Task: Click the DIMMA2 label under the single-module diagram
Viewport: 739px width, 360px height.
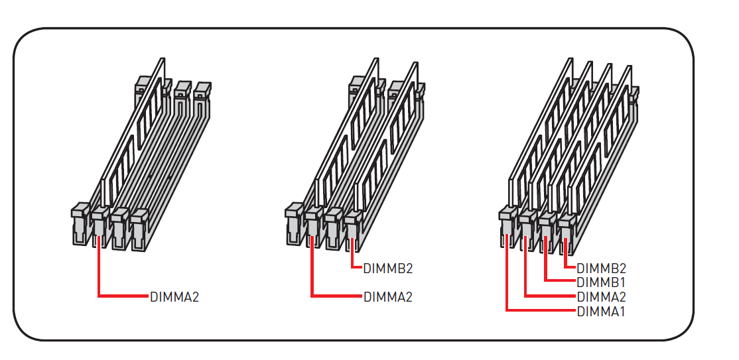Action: [174, 297]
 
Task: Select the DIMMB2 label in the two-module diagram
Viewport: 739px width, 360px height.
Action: [388, 269]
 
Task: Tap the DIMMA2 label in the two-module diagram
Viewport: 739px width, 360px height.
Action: [388, 297]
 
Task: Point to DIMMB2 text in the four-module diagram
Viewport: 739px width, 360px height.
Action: [602, 269]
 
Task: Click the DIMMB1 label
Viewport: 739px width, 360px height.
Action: [601, 282]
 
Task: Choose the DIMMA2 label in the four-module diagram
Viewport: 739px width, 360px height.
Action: [602, 297]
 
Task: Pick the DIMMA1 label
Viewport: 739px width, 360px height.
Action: [601, 312]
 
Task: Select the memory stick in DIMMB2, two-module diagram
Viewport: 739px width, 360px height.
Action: [387, 137]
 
